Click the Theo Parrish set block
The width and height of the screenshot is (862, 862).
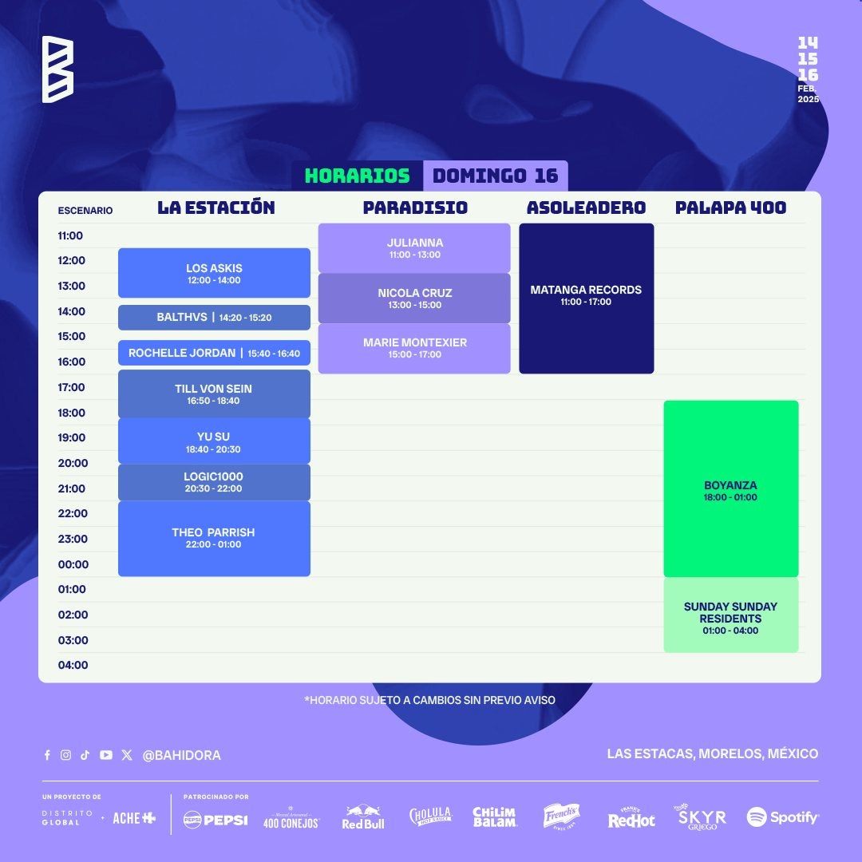[214, 539]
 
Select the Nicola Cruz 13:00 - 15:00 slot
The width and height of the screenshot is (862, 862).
[414, 299]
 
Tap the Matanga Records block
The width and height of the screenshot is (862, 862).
[586, 299]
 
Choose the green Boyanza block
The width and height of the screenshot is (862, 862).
[730, 488]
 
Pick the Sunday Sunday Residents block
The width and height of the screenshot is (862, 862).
[730, 615]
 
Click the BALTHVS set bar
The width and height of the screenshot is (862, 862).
[214, 318]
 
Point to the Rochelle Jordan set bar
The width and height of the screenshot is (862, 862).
[214, 353]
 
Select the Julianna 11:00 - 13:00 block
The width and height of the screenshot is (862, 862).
[414, 248]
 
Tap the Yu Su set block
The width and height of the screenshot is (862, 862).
[214, 441]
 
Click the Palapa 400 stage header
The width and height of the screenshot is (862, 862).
[730, 208]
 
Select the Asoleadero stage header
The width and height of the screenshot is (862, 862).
[586, 208]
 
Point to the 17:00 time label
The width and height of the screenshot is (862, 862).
[72, 388]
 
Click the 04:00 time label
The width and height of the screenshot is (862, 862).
[73, 665]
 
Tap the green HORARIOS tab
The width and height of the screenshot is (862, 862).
[358, 176]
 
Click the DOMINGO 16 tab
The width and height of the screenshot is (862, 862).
[496, 176]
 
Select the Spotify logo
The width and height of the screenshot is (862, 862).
[782, 817]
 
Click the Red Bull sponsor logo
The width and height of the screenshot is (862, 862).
[363, 817]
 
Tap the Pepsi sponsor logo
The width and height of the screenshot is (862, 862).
[215, 820]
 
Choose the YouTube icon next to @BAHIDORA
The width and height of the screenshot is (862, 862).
[106, 755]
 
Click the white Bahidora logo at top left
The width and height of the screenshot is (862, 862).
[57, 69]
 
